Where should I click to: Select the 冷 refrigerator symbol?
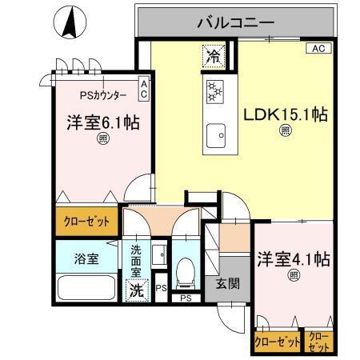coord(213,56)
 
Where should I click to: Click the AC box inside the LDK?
coord(317,49)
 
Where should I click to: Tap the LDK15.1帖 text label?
coord(286,114)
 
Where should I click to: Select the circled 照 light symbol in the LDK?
coord(286,133)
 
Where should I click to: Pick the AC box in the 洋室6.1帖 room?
coord(143,88)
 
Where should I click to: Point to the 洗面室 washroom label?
coord(136,261)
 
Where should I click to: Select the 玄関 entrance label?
coord(226,282)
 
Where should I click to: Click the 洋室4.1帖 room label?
coord(294,260)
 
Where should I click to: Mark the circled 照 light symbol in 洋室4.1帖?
coord(294,276)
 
